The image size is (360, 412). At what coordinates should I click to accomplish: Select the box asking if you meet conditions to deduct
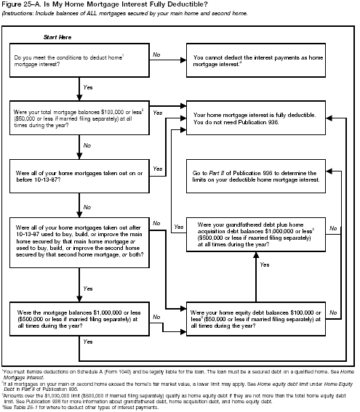click(77, 60)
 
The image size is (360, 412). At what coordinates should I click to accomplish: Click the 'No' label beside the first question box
click(156, 54)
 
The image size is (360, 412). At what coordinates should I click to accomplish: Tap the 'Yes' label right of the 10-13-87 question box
click(158, 168)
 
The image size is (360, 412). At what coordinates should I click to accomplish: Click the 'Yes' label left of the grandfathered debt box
click(178, 227)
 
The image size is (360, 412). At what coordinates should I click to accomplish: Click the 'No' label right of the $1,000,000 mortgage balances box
click(156, 316)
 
